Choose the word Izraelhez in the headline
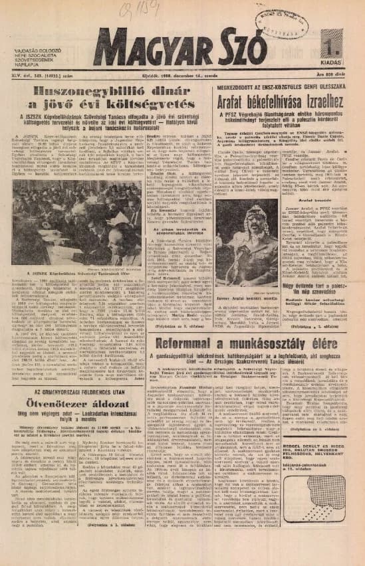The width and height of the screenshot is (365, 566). (x=314, y=104)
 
